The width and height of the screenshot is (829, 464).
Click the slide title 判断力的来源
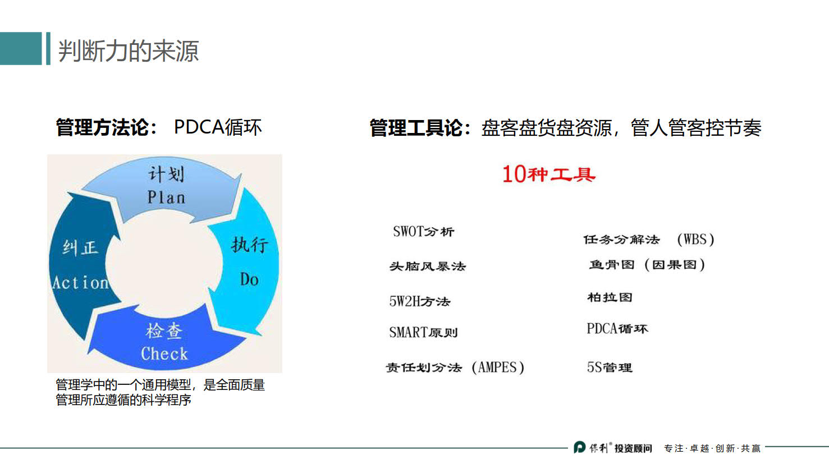[x=128, y=50]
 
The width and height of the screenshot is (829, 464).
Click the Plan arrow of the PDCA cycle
[x=166, y=188]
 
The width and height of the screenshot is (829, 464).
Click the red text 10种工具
[x=548, y=174]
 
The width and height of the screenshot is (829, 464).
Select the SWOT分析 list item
[x=423, y=232]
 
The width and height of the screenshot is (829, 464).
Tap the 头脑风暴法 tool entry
[x=428, y=266]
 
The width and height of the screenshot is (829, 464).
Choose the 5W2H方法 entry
[x=420, y=301]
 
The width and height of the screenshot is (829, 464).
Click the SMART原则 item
[x=423, y=332]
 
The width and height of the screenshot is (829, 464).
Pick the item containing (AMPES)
[x=455, y=367]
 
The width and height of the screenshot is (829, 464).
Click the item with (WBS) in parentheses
[x=648, y=240]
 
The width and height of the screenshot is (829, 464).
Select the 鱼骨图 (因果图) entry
[x=647, y=264]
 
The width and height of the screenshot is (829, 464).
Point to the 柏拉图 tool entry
[x=610, y=297]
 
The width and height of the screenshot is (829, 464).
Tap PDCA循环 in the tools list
[x=617, y=329]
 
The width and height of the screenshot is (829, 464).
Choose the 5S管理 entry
[x=610, y=367]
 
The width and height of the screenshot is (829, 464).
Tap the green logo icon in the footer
[x=579, y=447]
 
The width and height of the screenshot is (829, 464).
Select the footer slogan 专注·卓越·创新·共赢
[x=712, y=448]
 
